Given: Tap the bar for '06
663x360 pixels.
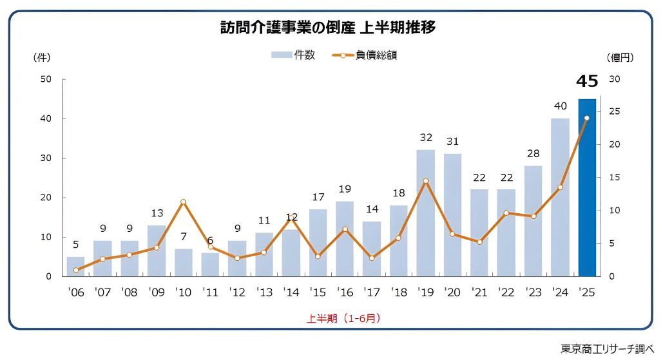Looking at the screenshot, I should coord(76,267).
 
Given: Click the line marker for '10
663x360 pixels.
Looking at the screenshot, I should coord(184,202).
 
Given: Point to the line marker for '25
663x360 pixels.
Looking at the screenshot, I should coord(586,118).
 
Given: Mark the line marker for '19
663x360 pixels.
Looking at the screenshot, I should coord(425,181).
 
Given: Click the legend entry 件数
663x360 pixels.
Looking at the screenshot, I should coord(294,55).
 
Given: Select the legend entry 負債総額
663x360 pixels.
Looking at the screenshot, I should coord(365,55).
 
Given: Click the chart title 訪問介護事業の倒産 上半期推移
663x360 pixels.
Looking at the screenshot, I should coord(327,28).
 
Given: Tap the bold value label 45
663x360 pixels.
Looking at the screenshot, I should coord(587,81).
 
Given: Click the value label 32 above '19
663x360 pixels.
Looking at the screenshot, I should coord(425,137).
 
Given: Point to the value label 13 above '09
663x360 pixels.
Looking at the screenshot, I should coord(157,213).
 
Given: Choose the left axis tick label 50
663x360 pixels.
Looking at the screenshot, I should coord(45,79).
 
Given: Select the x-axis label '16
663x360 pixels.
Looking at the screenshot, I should coord(345,292).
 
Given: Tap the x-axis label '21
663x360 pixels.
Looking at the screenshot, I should coord(479,292).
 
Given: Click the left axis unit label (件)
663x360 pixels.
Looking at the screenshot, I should coord(41,57).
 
